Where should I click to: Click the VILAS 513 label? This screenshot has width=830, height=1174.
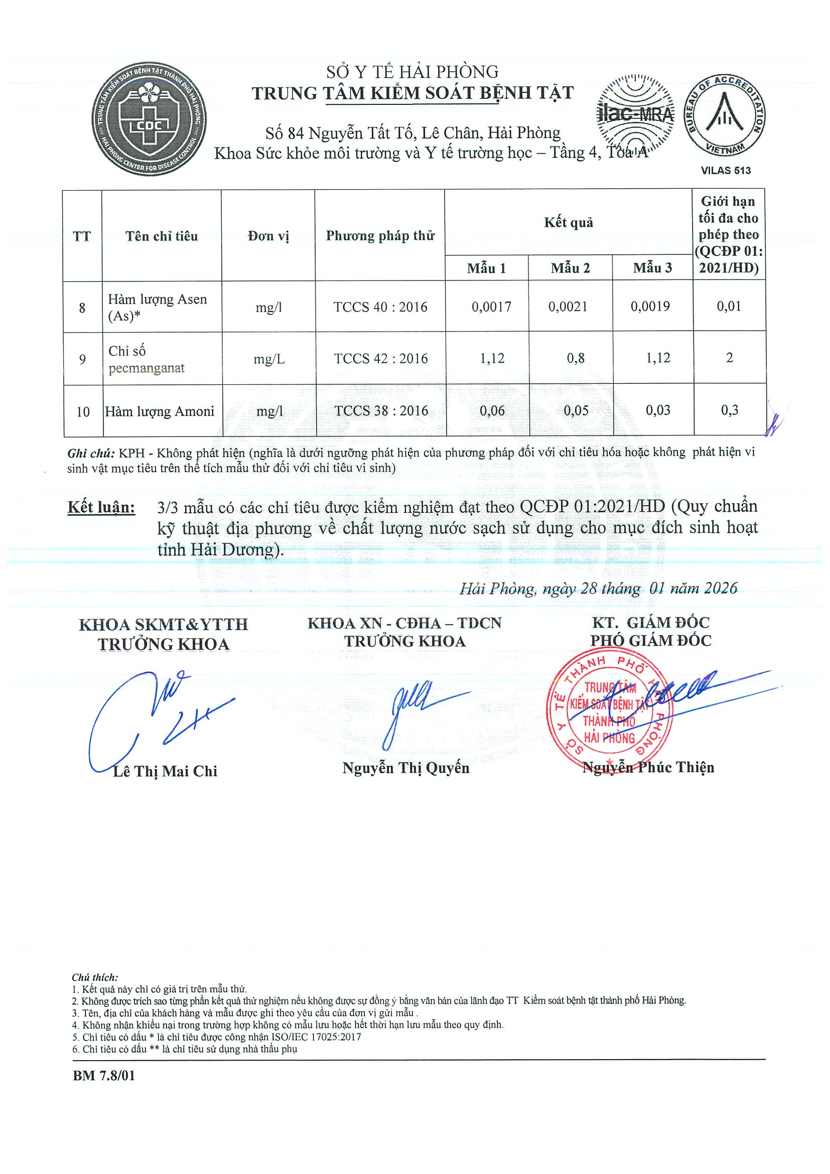pos(726,171)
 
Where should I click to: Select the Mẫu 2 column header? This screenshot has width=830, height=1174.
pos(570,268)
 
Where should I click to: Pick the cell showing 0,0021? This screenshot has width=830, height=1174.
pos(568,306)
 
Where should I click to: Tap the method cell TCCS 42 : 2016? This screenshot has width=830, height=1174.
pos(380,358)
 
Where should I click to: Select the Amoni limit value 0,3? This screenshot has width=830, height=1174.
pos(729,410)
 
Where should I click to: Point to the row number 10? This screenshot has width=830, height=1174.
pos(83,411)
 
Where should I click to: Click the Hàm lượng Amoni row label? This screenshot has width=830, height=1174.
pos(160,411)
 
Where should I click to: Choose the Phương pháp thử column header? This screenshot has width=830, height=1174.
pos(380,236)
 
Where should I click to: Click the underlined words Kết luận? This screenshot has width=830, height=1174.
pos(101,507)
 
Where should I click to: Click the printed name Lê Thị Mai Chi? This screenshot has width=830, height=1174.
pos(165,771)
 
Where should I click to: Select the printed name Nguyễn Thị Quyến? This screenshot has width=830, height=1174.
pos(405,768)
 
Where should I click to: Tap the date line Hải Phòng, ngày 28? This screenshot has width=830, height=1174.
pos(598,589)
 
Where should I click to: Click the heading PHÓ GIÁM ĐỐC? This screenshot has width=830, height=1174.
pos(650,641)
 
